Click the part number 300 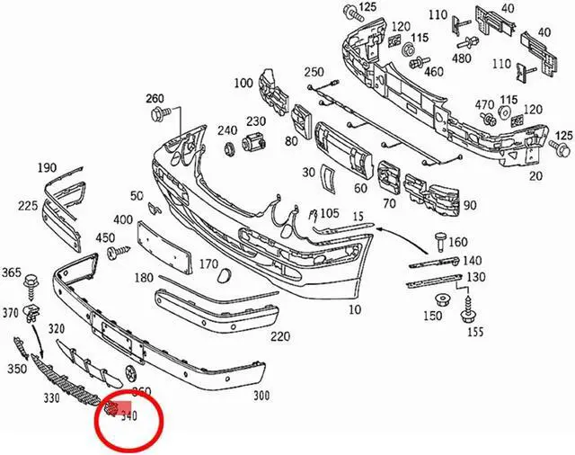262,396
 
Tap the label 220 280,337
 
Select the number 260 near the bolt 155,99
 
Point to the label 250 314,72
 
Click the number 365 12,272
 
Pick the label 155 474,332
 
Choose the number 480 462,58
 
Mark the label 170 208,264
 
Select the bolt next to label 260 163,113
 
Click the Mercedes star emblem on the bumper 131,372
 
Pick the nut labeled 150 441,300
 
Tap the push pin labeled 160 440,240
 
